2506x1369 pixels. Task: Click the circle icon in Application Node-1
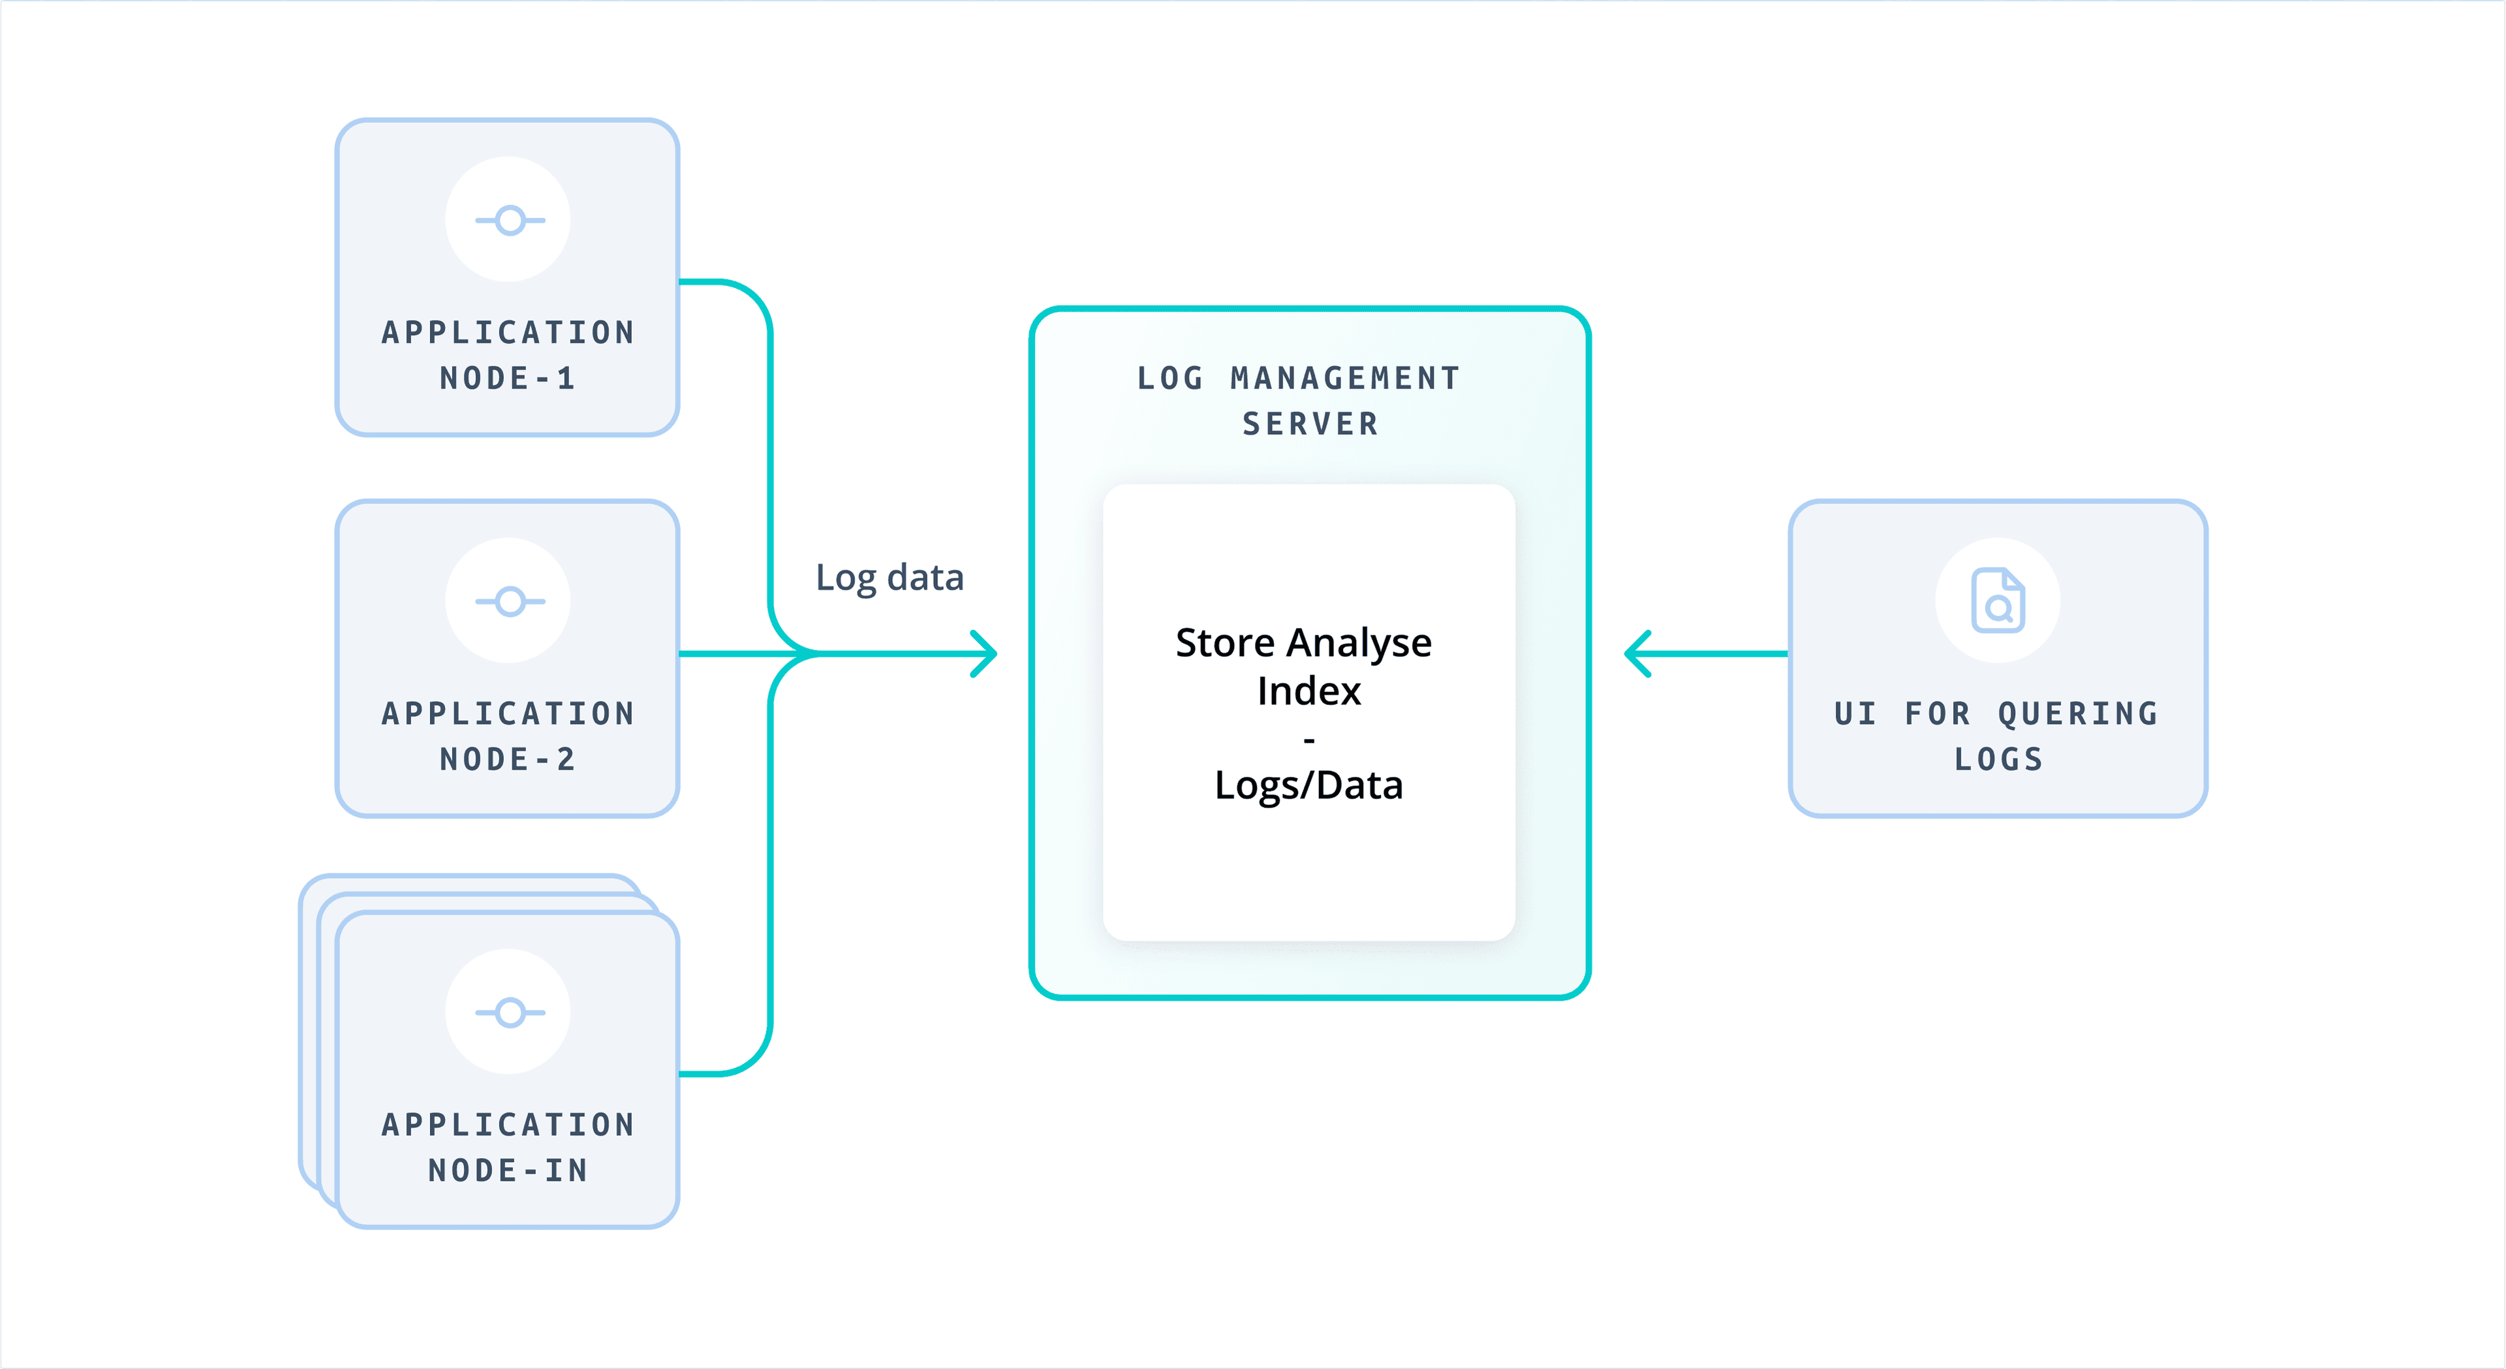(509, 220)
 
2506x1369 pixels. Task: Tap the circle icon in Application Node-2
(509, 601)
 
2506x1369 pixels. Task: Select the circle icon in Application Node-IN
(509, 1012)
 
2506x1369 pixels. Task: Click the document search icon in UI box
(1997, 601)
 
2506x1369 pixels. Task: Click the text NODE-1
(508, 379)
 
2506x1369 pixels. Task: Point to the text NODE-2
(508, 760)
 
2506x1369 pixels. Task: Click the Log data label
(889, 578)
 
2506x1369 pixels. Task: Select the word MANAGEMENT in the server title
(1344, 379)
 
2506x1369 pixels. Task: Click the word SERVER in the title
(1309, 424)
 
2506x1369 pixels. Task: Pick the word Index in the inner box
(1308, 691)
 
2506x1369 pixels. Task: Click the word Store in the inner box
(1225, 643)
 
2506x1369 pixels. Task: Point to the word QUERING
(2078, 714)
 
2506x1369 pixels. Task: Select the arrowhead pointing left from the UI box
(1638, 654)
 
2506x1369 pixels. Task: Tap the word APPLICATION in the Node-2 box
(508, 714)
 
